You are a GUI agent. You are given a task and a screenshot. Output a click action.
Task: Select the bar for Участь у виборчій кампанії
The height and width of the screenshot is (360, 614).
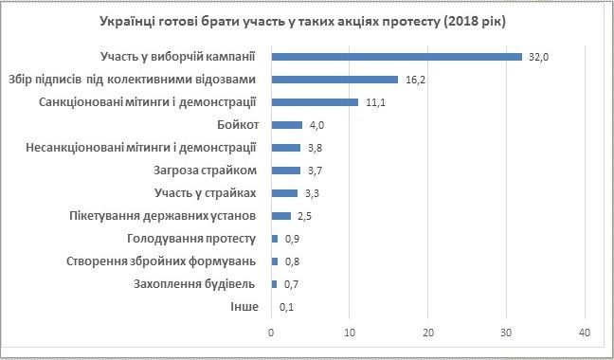[396, 56]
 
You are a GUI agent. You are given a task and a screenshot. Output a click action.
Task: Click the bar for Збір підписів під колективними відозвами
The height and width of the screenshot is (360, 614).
[334, 79]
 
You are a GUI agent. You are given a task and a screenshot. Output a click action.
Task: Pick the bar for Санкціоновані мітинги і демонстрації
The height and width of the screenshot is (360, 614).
[315, 101]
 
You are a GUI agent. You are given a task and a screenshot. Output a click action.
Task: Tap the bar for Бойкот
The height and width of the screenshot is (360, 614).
[286, 124]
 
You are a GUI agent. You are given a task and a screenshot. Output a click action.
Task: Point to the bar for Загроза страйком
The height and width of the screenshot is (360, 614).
[285, 171]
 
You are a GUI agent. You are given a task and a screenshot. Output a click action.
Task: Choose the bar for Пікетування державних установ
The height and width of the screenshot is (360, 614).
[280, 216]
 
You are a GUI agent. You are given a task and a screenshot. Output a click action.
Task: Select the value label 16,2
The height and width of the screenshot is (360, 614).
[414, 80]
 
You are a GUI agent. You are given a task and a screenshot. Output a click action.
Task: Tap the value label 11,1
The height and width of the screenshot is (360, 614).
[374, 102]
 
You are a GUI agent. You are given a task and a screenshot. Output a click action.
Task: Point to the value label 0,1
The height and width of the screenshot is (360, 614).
[286, 307]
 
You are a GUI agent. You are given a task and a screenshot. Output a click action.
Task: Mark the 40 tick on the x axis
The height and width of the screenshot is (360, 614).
[584, 333]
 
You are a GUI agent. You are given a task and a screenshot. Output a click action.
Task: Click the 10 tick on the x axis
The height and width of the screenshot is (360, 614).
[350, 333]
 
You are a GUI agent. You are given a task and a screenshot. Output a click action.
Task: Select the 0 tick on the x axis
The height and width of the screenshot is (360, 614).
[271, 333]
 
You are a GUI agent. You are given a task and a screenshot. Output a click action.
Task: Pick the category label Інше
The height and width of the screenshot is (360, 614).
[244, 307]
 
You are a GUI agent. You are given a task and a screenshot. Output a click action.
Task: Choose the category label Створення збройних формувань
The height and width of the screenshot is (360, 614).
[162, 261]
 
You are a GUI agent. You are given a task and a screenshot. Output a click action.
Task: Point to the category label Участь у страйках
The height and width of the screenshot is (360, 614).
[206, 193]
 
